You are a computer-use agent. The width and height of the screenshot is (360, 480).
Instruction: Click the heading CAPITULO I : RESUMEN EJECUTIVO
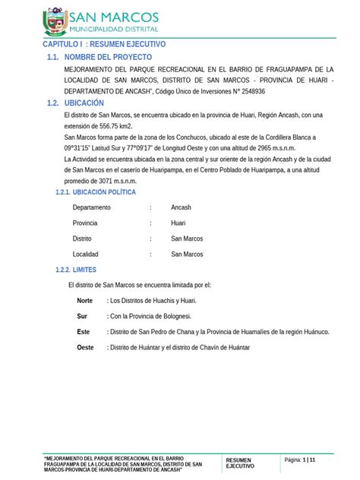point(103,45)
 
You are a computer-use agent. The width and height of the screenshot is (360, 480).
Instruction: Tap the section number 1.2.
point(52,103)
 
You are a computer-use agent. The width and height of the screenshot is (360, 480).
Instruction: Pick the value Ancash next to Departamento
point(182,207)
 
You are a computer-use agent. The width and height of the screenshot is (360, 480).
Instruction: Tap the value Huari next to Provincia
point(178,223)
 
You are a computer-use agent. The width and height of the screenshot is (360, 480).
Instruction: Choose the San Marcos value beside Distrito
point(187,238)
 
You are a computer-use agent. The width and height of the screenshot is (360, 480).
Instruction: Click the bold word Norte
point(85,301)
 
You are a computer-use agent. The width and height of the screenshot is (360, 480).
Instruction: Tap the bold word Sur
point(83,316)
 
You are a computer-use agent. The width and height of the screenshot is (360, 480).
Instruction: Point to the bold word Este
point(84,332)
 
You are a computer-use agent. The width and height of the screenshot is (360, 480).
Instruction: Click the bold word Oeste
point(86,347)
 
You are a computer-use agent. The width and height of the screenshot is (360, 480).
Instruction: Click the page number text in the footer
point(299,460)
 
